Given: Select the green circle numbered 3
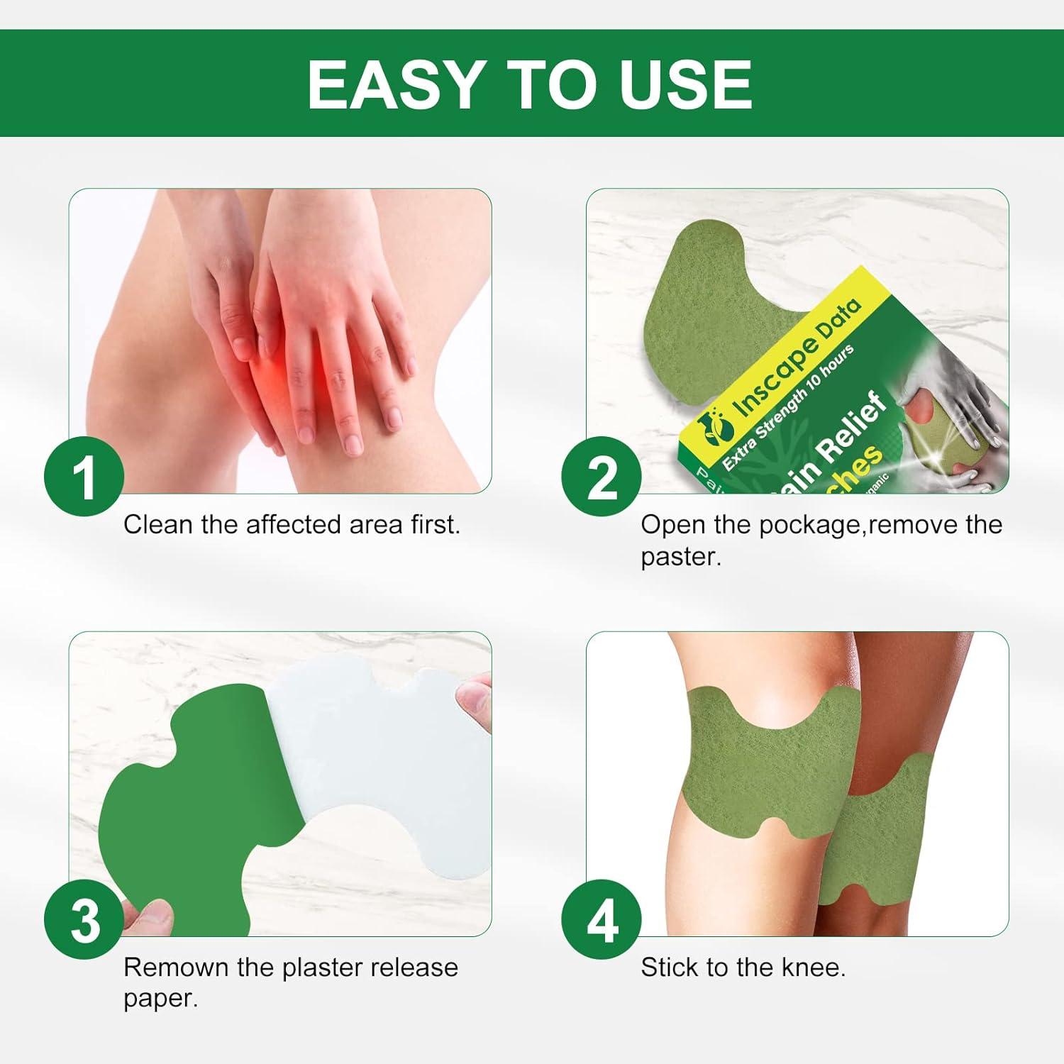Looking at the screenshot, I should click(84, 920).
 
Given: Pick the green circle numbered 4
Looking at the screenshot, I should click(602, 920).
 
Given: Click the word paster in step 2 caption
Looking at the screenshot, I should click(680, 557).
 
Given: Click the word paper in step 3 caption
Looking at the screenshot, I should click(160, 999).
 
